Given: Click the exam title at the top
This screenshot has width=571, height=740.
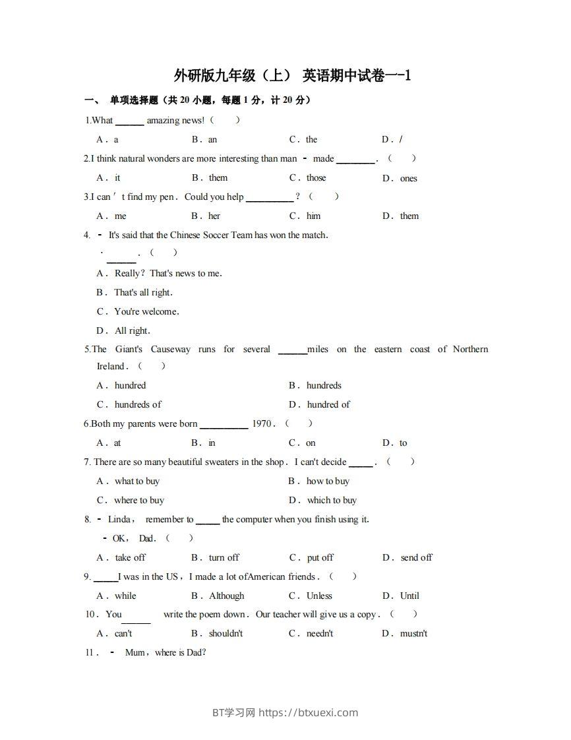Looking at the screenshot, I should (x=292, y=76).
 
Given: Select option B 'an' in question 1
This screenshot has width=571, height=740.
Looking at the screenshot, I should (x=212, y=140).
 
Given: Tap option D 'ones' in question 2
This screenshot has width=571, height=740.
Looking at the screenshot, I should (x=408, y=178).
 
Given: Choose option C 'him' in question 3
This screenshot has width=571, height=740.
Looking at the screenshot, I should (x=313, y=216).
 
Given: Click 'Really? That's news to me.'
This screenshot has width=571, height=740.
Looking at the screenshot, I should (x=167, y=273).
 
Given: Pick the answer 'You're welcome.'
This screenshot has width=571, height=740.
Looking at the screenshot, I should (x=146, y=311).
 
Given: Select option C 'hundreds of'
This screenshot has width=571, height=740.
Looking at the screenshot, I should (x=137, y=404).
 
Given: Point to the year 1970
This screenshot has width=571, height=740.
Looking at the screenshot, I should (x=262, y=424).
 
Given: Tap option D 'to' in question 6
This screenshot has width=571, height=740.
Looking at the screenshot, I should (x=403, y=443).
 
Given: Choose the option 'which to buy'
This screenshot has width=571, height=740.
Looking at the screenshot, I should (x=332, y=500).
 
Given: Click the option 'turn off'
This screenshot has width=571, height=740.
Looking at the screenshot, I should (x=224, y=557).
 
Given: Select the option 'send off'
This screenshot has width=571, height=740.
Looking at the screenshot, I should (x=416, y=557).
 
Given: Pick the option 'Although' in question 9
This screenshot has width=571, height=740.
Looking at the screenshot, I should (x=226, y=596).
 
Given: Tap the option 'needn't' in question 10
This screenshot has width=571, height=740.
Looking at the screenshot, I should (x=319, y=633).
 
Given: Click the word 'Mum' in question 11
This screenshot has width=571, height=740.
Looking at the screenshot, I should (x=135, y=652).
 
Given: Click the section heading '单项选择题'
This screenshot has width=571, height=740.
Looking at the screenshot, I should (x=134, y=100).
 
